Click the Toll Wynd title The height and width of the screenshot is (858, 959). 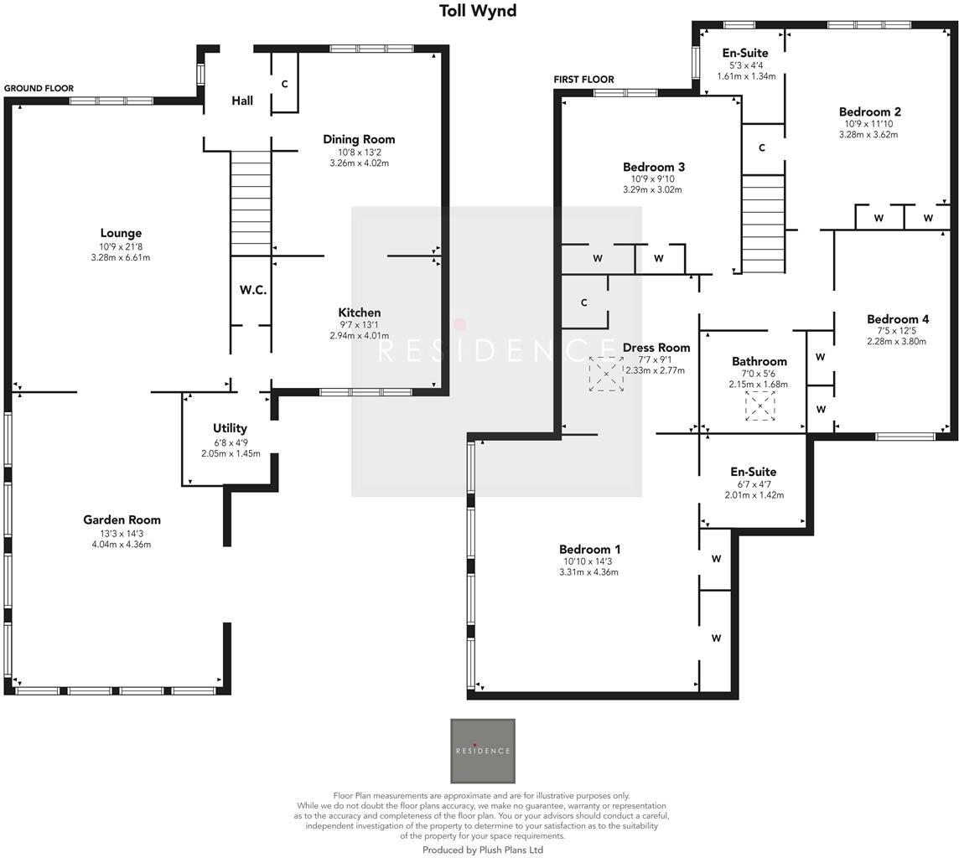(x=478, y=11)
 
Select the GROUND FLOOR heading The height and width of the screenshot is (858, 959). (x=39, y=88)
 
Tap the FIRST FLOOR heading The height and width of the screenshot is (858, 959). (x=583, y=80)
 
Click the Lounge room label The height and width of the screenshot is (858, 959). (x=121, y=233)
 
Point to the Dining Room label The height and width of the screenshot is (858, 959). (x=359, y=139)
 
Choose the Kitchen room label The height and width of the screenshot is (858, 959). (x=359, y=313)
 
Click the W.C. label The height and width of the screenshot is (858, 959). (x=252, y=290)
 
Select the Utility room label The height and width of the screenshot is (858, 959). (x=230, y=428)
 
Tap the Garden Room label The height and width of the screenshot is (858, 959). (x=122, y=519)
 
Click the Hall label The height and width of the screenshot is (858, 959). (x=242, y=101)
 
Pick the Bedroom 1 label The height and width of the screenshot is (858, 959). (x=590, y=550)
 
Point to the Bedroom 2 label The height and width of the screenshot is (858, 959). (x=869, y=111)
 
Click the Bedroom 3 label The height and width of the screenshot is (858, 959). (x=654, y=167)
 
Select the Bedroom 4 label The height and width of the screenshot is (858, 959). (x=897, y=318)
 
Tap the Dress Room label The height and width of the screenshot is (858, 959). (x=656, y=348)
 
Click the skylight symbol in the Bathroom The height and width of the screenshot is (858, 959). (x=759, y=406)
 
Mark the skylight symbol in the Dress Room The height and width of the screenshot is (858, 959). (x=606, y=374)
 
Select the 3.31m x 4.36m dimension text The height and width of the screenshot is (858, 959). (x=588, y=573)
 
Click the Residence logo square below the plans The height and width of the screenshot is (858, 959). (x=483, y=751)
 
